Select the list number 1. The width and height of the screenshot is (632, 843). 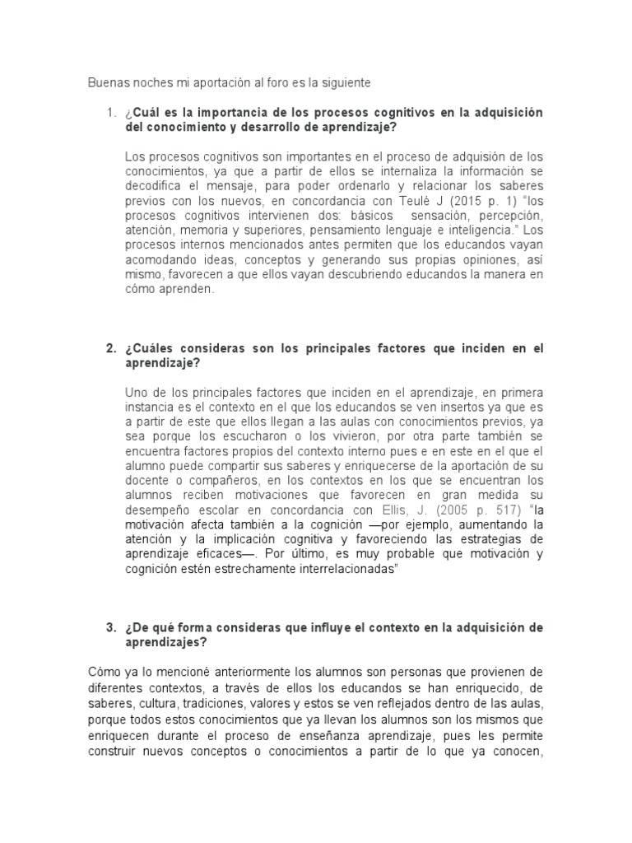[109, 113]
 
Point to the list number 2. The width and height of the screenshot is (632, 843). [109, 349]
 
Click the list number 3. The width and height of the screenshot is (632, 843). [109, 627]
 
